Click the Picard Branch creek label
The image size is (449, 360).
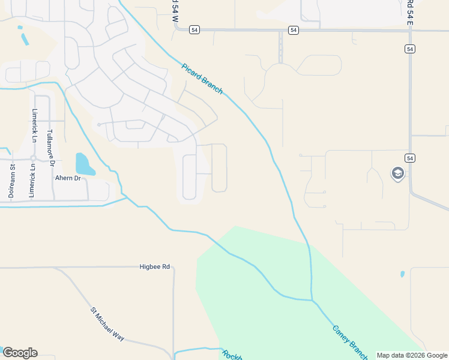202,78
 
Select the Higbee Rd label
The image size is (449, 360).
155,266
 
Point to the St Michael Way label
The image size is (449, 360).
107,325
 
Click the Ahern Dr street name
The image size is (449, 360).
68,178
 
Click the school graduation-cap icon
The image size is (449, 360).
397,174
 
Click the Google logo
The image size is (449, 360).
20,353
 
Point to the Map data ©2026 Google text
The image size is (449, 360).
411,355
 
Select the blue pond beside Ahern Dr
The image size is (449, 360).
83,164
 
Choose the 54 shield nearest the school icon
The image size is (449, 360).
409,158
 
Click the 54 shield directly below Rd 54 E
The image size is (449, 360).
409,49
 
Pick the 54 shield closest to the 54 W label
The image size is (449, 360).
193,29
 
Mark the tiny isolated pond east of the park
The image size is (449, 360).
402,274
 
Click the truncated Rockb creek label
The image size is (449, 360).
232,355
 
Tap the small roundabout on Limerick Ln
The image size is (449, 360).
34,158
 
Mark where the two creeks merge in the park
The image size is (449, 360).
312,299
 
